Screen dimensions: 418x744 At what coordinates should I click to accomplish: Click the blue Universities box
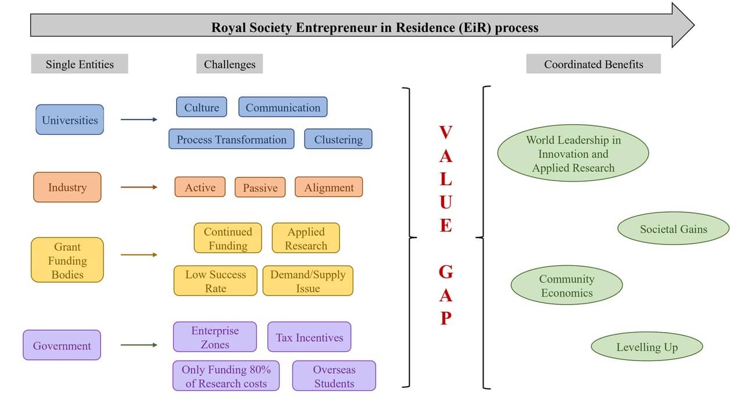click(x=70, y=120)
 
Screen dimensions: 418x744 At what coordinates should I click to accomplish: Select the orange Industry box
click(x=67, y=187)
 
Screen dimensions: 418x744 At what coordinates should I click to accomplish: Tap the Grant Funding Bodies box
click(x=67, y=260)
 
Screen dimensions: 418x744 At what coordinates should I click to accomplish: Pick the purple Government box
click(x=62, y=345)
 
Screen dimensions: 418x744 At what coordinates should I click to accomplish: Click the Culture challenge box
click(x=202, y=107)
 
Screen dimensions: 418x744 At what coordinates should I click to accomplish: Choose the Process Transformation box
click(x=231, y=139)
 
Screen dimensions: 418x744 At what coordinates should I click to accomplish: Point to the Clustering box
click(x=338, y=139)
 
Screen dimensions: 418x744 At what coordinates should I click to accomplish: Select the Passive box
click(x=260, y=188)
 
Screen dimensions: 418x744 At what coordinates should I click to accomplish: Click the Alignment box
click(x=329, y=188)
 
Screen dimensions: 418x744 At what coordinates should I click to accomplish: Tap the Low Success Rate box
click(x=216, y=281)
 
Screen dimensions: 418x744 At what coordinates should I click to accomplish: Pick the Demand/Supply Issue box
click(x=307, y=281)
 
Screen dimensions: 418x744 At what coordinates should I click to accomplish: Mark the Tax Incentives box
click(x=309, y=337)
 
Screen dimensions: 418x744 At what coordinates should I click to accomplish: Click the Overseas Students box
click(x=334, y=376)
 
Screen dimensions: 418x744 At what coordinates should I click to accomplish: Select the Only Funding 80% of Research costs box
click(x=226, y=376)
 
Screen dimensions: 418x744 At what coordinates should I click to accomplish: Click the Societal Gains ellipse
click(x=673, y=229)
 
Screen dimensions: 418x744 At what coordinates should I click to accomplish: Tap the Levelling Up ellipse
click(x=647, y=347)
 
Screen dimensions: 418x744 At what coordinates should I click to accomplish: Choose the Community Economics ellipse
click(x=567, y=286)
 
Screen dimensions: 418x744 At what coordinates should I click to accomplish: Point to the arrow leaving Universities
click(x=139, y=120)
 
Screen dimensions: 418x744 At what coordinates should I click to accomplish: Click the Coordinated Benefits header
click(x=593, y=64)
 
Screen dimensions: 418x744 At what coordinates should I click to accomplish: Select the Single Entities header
click(x=80, y=64)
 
